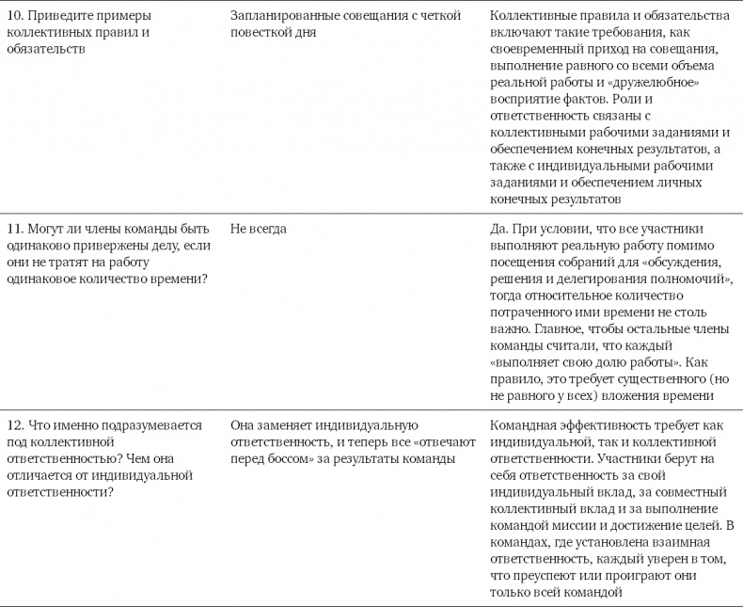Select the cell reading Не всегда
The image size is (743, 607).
coord(259,229)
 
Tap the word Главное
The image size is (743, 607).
coord(559,330)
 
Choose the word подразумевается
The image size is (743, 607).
coord(153,424)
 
